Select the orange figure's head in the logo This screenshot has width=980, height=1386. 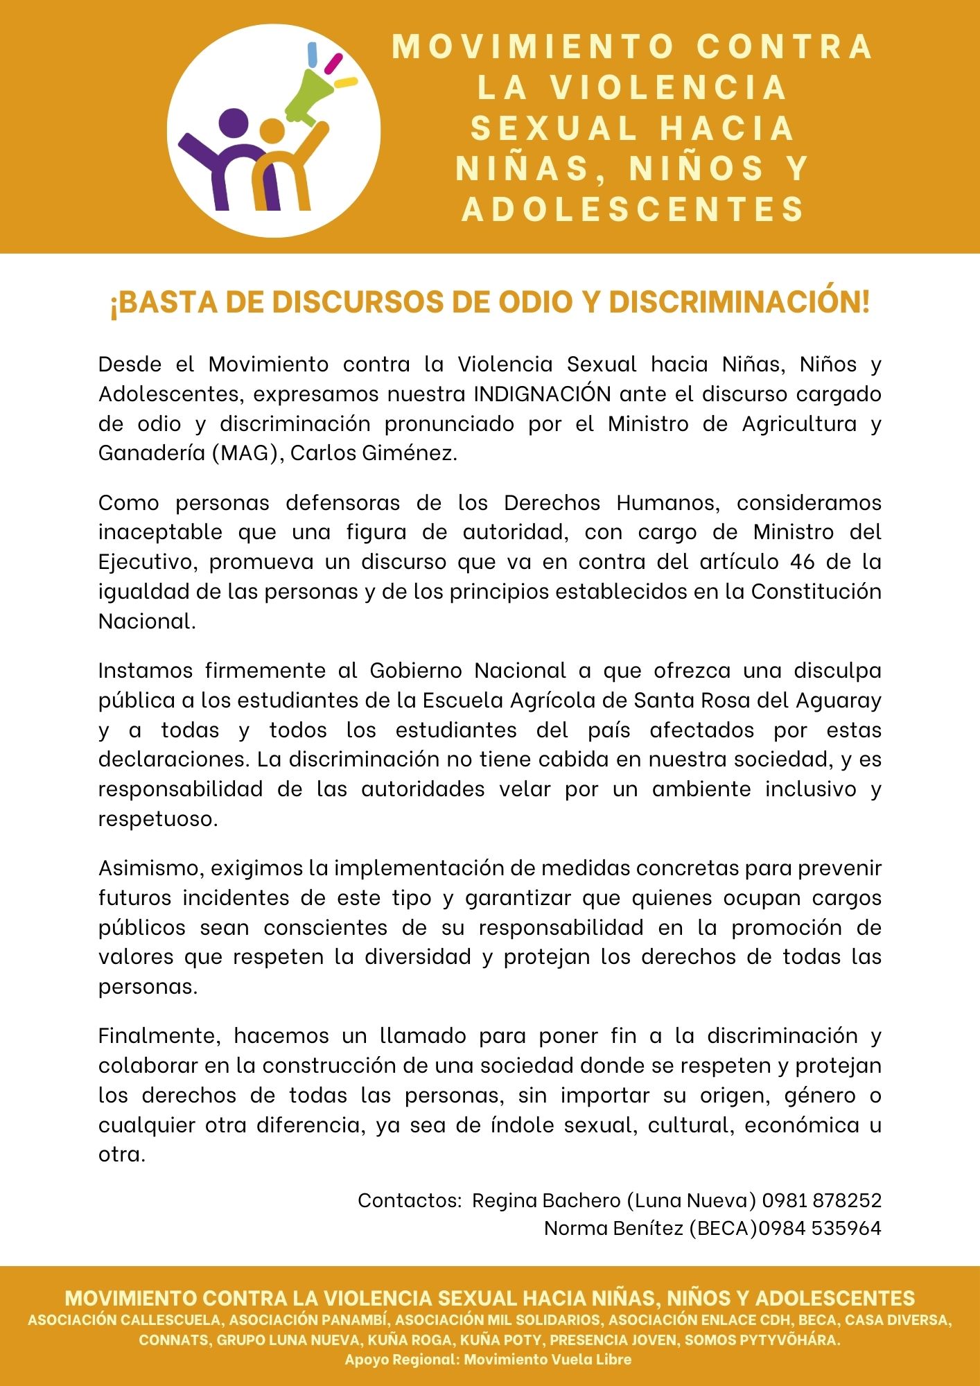tap(271, 130)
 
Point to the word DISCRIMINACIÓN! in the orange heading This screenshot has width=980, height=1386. tap(739, 302)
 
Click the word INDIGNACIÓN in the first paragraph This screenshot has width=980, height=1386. tap(543, 394)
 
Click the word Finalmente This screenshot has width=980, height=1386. tap(159, 1036)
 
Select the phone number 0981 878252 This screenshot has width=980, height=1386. tap(822, 1200)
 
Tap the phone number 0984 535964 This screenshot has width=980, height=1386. tap(820, 1228)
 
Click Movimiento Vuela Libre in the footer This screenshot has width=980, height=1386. tap(548, 1359)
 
